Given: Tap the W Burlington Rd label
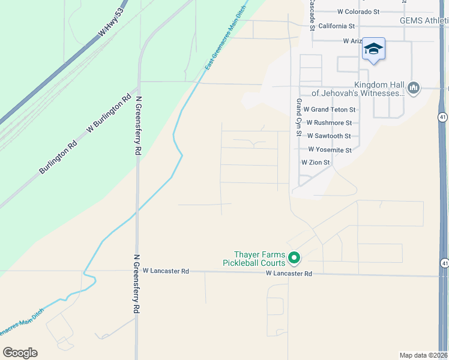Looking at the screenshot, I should tap(109, 113).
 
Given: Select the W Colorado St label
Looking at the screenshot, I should tap(358, 11).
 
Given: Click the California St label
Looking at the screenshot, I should tap(337, 26).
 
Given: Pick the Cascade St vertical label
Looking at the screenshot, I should tap(312, 13).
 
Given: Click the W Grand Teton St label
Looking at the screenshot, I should tap(330, 110).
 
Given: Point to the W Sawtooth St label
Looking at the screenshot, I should tap(330, 136).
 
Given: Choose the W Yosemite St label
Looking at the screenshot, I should tap(330, 149).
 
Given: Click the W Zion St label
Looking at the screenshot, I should tap(316, 163).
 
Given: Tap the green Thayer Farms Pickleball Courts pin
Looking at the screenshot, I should tap(294, 258).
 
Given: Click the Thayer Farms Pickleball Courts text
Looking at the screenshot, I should tap(254, 259).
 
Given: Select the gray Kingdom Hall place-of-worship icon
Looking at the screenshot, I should tap(413, 89).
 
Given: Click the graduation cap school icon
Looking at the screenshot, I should tap(373, 50).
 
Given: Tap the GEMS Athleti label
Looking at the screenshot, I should tap(424, 20).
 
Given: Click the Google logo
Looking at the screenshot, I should tap(20, 353).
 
